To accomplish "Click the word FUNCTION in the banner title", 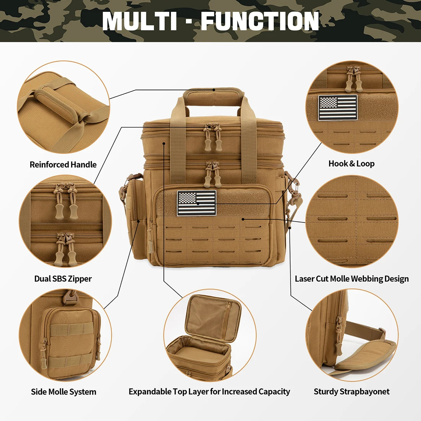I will pyautogui.click(x=260, y=21).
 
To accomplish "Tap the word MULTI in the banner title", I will pyautogui.click(x=139, y=21).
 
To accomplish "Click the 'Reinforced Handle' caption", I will pyautogui.click(x=63, y=165).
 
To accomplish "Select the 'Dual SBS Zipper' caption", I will pyautogui.click(x=63, y=279).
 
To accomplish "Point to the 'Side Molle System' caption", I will pyautogui.click(x=64, y=392).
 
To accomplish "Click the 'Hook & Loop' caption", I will pyautogui.click(x=351, y=163).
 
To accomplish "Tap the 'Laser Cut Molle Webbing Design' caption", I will pyautogui.click(x=351, y=279).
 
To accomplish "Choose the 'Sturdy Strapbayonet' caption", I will pyautogui.click(x=351, y=392).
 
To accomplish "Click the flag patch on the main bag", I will pyautogui.click(x=196, y=203).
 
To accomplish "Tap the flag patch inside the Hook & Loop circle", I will pyautogui.click(x=338, y=108).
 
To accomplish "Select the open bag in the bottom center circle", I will pyautogui.click(x=207, y=337).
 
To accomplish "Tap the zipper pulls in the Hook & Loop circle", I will pyautogui.click(x=353, y=78).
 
